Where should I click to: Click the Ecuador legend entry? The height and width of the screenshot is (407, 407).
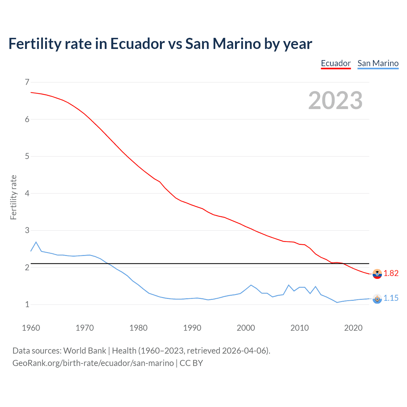click(336, 63)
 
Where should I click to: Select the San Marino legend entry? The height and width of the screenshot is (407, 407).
click(378, 63)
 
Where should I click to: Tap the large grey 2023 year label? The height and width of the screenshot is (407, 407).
click(335, 100)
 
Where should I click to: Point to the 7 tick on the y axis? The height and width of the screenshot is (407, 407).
click(27, 82)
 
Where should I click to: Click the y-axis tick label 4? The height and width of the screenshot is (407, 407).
click(27, 193)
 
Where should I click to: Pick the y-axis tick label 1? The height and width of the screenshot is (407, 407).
click(27, 304)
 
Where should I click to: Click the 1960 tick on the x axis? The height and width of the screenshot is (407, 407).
click(31, 328)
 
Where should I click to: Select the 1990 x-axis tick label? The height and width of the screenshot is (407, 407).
click(192, 328)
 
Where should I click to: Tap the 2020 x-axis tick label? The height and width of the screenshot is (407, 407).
click(353, 328)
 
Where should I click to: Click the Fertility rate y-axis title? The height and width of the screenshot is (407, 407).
click(13, 197)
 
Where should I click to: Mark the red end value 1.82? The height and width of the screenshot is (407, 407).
click(391, 273)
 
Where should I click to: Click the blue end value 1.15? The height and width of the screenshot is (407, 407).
click(391, 298)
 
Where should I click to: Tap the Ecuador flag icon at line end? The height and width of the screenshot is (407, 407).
click(377, 273)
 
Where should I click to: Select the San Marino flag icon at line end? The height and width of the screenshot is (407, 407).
click(377, 299)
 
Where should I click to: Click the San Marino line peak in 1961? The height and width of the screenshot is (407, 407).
click(36, 242)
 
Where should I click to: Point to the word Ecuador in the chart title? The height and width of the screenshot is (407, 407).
click(137, 44)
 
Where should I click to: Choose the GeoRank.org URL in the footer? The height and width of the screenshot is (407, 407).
click(93, 363)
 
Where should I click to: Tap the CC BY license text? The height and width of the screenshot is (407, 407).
click(191, 363)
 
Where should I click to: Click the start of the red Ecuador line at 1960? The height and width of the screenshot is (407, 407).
click(31, 93)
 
